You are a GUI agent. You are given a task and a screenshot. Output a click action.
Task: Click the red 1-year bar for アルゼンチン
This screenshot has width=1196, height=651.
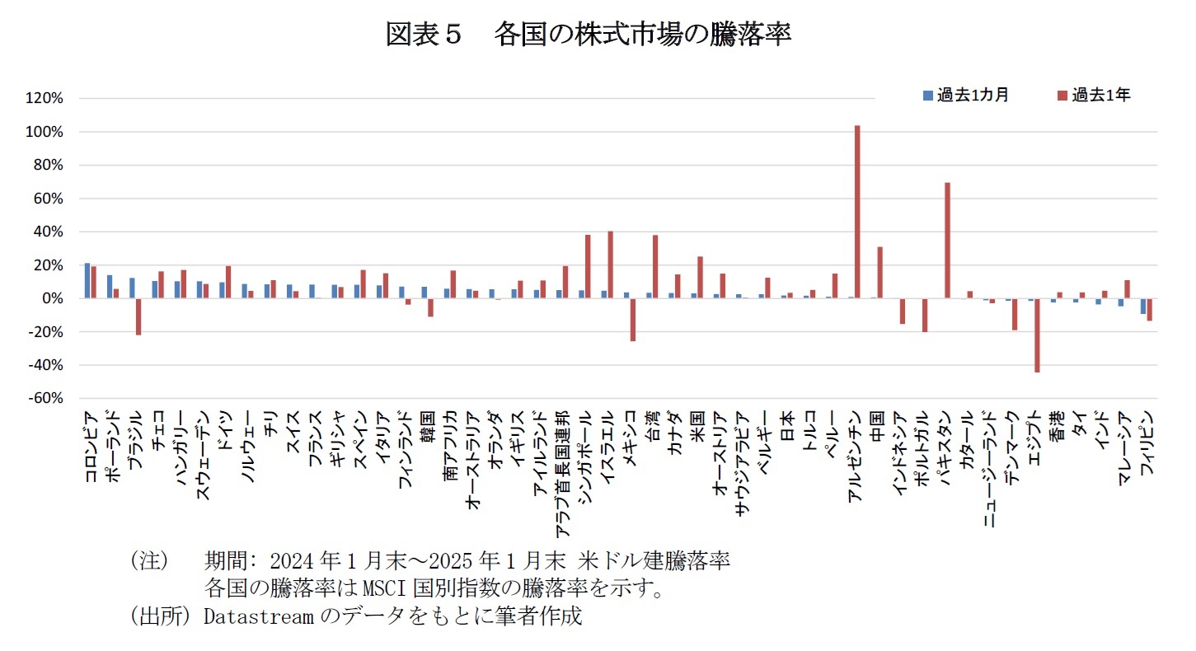[x=857, y=212]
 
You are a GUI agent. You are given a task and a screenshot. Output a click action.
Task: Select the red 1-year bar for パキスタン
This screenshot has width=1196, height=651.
[x=947, y=241]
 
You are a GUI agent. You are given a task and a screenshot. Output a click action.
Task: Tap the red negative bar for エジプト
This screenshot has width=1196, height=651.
[x=1037, y=335]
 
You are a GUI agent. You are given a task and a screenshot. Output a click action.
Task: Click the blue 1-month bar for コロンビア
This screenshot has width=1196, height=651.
[x=87, y=281]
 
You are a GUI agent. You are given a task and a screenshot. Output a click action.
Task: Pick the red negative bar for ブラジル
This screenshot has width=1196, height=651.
[x=138, y=316]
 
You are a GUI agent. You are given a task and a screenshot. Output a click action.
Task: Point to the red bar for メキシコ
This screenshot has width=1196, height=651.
[x=633, y=320]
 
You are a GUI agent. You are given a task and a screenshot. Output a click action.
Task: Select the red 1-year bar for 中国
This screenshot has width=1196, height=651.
[x=879, y=273]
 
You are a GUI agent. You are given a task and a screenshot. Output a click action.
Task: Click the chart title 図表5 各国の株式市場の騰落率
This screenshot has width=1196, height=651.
[x=589, y=35]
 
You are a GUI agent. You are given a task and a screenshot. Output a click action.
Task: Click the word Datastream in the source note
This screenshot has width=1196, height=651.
[x=257, y=616]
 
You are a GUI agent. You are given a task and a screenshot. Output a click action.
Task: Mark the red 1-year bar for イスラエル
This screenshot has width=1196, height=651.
[x=610, y=265]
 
